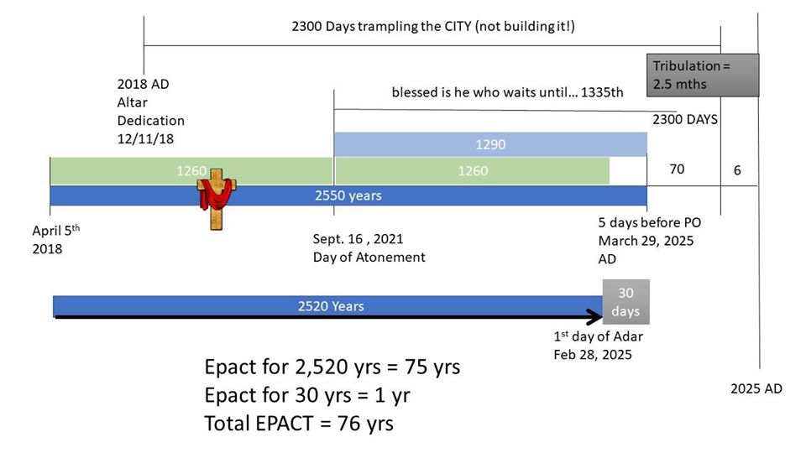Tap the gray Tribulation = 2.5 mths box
point(702,75)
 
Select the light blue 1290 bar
point(490,144)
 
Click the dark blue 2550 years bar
point(348,195)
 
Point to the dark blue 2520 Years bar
point(328,306)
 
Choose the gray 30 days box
point(626,302)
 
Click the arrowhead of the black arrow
point(596,317)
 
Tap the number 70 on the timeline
point(677,169)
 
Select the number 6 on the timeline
point(737,170)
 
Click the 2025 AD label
point(756,388)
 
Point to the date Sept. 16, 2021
point(359,239)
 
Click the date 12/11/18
point(145,138)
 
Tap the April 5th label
point(56,230)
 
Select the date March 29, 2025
point(646,241)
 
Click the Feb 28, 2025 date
point(593,355)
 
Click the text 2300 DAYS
point(685,120)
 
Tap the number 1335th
point(602,92)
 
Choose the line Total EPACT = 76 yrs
point(299,424)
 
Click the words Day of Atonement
point(369,258)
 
